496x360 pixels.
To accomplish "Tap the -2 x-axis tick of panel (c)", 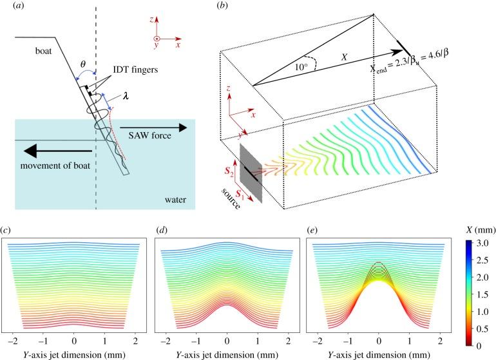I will click(x=12, y=338).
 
